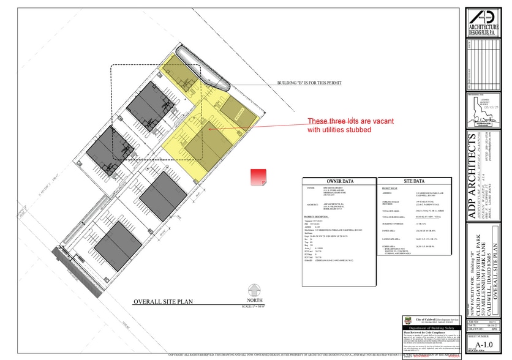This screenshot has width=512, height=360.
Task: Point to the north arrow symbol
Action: [x=254, y=290]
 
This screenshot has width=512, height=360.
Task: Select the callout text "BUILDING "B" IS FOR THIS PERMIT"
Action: [x=309, y=82]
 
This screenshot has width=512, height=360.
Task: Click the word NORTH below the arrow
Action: [x=254, y=300]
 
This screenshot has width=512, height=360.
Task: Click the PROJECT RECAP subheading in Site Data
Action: [x=390, y=189]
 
